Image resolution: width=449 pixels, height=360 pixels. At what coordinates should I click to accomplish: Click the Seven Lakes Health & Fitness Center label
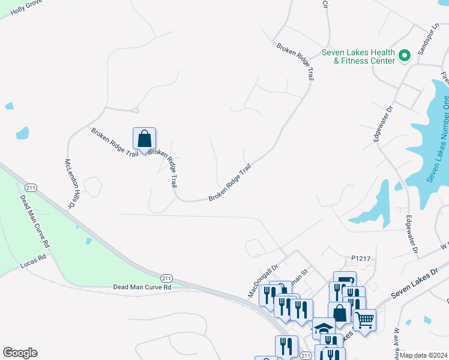(x=358, y=56)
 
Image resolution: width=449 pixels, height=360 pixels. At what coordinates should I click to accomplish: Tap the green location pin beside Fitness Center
(x=405, y=56)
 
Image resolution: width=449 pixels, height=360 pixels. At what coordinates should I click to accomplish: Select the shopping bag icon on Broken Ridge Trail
(x=144, y=139)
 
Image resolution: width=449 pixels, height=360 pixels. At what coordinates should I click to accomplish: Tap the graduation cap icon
(x=324, y=329)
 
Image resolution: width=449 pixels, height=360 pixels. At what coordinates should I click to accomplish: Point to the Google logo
(x=20, y=353)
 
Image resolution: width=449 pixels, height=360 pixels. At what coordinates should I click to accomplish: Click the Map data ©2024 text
(x=424, y=355)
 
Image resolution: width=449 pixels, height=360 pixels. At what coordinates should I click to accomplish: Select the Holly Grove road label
(x=24, y=8)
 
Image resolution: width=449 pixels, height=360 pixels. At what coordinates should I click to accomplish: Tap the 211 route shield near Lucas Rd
(x=31, y=188)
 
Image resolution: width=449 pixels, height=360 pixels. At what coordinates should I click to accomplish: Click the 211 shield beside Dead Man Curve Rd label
(x=167, y=277)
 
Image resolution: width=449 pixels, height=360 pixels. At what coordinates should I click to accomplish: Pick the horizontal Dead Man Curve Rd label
(x=142, y=287)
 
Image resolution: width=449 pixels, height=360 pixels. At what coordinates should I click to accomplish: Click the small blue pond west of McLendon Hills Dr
(x=22, y=133)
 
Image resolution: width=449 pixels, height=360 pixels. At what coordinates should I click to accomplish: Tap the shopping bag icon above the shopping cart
(x=339, y=312)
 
